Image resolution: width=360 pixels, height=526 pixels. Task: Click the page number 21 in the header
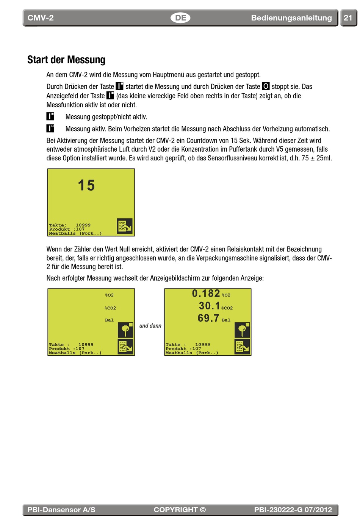tap(348, 18)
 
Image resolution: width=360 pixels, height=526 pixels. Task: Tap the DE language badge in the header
tap(180, 18)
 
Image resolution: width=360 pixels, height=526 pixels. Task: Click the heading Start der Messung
tap(66, 60)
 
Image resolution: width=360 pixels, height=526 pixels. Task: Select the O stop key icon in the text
tap(266, 86)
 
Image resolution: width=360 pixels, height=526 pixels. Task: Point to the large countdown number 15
tap(86, 185)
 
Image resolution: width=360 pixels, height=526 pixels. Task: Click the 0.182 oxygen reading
tap(206, 294)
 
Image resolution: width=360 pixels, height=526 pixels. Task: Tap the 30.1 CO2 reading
tap(209, 306)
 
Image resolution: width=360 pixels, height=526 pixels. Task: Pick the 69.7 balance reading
tap(208, 318)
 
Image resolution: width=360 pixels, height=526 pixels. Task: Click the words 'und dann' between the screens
tap(150, 326)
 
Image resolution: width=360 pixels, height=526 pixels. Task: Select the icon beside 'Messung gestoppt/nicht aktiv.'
tap(50, 116)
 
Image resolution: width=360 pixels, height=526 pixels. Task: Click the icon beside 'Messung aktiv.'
tap(50, 128)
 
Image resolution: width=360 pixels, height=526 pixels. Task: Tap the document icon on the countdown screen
tap(125, 226)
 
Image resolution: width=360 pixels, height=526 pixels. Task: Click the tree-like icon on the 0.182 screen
tap(242, 330)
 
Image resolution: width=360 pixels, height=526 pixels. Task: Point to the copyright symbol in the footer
tap(203, 510)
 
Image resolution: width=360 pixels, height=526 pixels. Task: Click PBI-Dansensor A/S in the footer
tap(61, 510)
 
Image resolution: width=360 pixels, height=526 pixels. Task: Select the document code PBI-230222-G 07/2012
tap(293, 510)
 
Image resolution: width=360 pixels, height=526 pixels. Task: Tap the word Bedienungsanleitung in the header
tap(291, 18)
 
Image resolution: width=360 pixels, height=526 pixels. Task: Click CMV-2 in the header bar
tap(41, 18)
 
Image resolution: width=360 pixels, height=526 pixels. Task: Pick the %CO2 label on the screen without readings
tap(110, 308)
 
